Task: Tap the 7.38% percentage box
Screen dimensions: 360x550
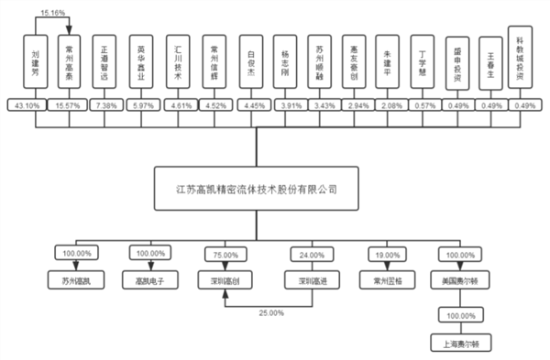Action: coord(105,106)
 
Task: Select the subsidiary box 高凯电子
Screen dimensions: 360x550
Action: coord(146,280)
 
